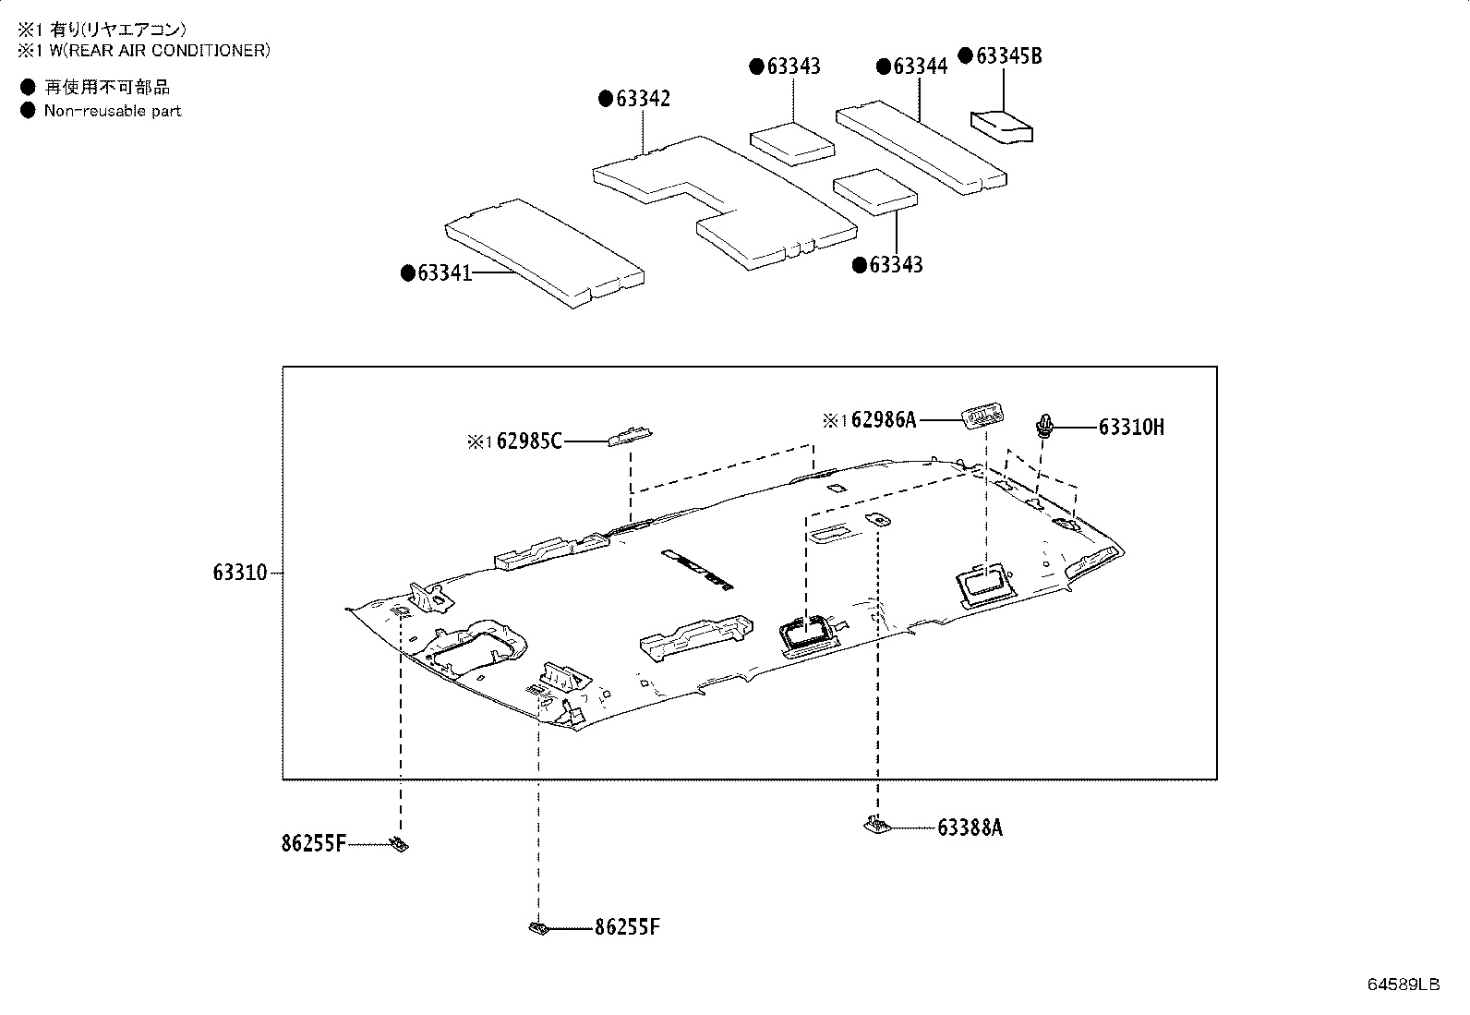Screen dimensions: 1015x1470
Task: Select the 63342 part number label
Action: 643,99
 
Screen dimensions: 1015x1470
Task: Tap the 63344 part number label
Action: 920,66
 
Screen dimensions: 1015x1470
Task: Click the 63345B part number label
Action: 1008,56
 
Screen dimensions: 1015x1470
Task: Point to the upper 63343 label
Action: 793,66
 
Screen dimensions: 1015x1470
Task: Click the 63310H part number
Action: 1131,427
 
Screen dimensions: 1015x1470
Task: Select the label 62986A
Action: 883,420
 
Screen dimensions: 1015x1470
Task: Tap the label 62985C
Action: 528,442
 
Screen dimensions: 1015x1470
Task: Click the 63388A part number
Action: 970,828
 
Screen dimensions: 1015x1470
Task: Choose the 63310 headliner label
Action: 239,573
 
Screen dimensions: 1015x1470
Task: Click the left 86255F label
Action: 314,843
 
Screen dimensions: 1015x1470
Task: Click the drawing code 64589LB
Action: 1404,985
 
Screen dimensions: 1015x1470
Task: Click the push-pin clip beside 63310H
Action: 1045,427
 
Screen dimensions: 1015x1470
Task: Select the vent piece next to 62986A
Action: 982,417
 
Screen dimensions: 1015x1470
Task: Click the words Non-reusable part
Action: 113,111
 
